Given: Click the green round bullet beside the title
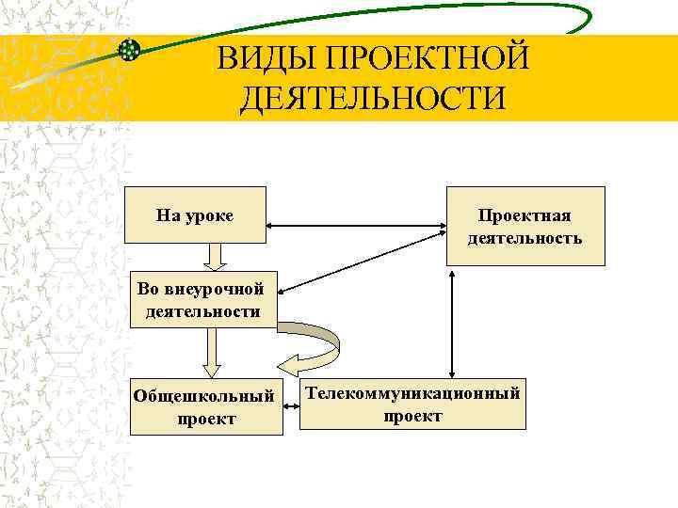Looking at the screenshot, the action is tap(131, 50).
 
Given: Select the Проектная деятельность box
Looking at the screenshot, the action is tap(525, 227).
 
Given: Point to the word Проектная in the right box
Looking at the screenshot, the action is tap(525, 216).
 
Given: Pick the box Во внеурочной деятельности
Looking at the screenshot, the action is tap(203, 299).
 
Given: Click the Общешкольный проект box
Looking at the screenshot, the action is tap(206, 406).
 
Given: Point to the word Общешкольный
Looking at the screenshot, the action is tap(206, 396).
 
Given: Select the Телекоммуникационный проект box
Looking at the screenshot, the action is tap(412, 404).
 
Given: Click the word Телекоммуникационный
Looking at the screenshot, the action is tap(412, 393).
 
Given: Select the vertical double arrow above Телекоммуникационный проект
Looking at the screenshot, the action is tap(453, 324).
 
